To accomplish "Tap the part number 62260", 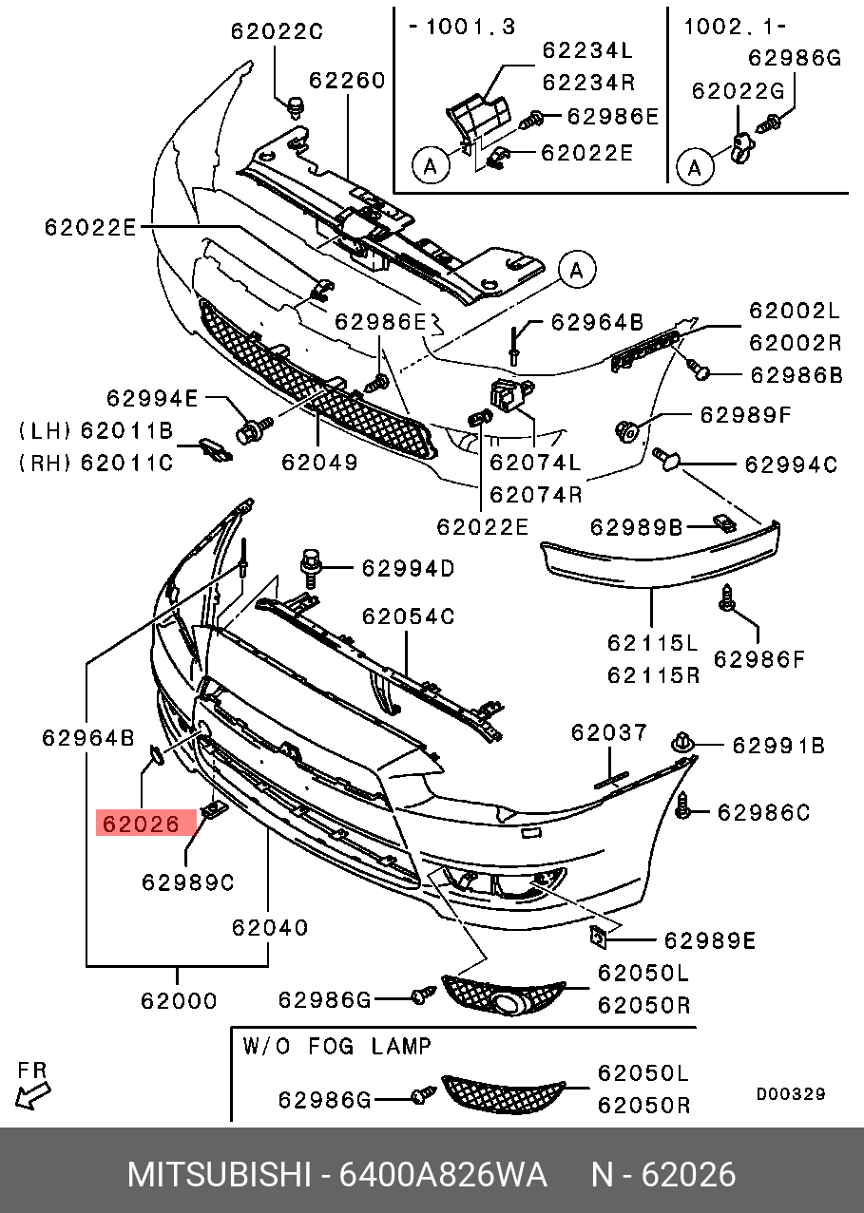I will (347, 80).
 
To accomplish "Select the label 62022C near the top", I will (277, 31).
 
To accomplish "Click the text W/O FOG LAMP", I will (337, 1047).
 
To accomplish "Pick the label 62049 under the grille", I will (318, 463).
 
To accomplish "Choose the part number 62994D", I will (407, 569).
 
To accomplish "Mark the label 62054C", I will (408, 616).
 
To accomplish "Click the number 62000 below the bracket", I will (179, 1000).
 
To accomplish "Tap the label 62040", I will (270, 927).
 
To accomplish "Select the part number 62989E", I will (709, 940).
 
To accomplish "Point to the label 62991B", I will (778, 747).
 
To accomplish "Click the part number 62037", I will (609, 732).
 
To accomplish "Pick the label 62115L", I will (653, 643).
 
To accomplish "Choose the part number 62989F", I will (745, 415).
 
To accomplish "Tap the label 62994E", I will (152, 399).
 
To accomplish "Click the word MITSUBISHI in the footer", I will (220, 1175).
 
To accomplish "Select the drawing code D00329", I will (790, 1094).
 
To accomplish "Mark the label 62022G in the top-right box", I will (738, 90).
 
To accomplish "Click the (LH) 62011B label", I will (95, 432).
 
